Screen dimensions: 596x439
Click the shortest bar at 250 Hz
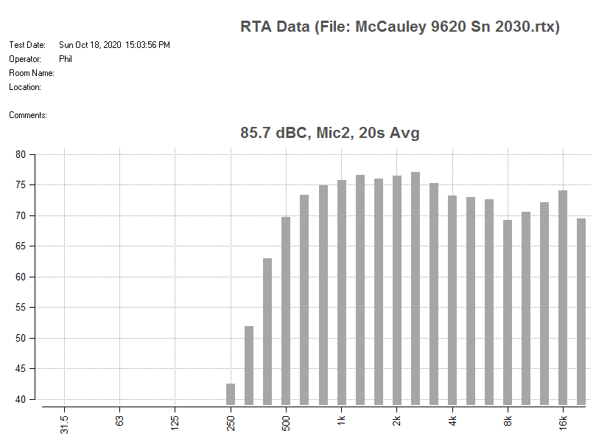[x=231, y=394]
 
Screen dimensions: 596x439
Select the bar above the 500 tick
[x=286, y=311]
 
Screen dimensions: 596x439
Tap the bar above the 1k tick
[x=342, y=292]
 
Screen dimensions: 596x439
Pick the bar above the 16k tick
[x=563, y=297]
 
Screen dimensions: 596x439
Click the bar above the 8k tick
[x=508, y=312]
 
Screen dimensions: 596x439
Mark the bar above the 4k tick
[x=452, y=300]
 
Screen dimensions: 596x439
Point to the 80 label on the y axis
[x=21, y=155]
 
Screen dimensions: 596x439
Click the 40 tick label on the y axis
[x=21, y=399]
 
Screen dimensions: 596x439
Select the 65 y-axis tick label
[x=21, y=246]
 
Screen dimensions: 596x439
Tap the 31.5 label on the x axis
[x=64, y=425]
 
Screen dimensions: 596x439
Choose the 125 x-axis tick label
[x=175, y=424]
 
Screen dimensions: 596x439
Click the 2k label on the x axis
[x=396, y=421]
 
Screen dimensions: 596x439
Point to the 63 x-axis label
[x=119, y=421]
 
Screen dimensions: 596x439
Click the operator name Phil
[x=66, y=59]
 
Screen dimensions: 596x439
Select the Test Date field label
[x=27, y=45]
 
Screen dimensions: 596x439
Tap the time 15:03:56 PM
[x=147, y=45]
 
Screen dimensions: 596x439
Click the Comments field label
[x=28, y=115]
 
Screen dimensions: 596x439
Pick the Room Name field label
[x=32, y=73]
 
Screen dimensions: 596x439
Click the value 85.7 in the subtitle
[x=256, y=133]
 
